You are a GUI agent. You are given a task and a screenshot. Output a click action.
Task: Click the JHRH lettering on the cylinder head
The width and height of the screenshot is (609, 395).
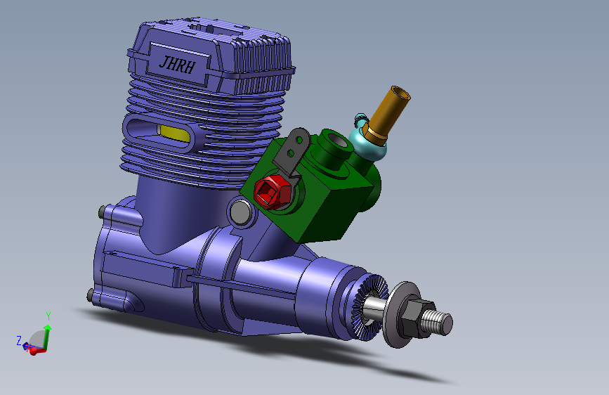click(x=177, y=64)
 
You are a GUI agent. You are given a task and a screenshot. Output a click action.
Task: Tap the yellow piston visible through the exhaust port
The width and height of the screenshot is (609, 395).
click(x=174, y=134)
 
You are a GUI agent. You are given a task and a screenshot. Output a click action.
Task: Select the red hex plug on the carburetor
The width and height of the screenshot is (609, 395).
click(x=273, y=192)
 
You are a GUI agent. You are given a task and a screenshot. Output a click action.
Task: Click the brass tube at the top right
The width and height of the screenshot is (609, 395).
click(x=388, y=112)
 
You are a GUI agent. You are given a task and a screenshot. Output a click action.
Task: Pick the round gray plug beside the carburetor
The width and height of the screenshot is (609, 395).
click(x=241, y=212)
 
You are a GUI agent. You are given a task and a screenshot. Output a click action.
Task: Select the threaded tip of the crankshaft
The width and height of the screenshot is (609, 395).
click(x=438, y=322)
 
